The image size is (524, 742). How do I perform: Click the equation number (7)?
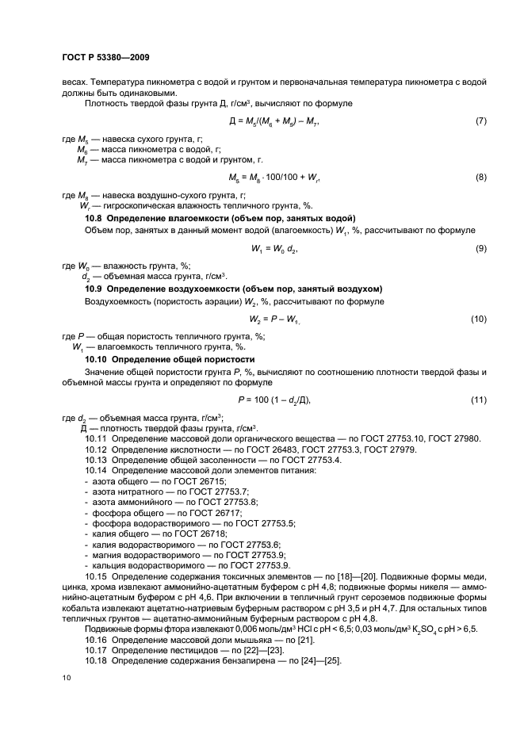(x=480, y=120)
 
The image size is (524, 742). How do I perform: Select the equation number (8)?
(x=480, y=177)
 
